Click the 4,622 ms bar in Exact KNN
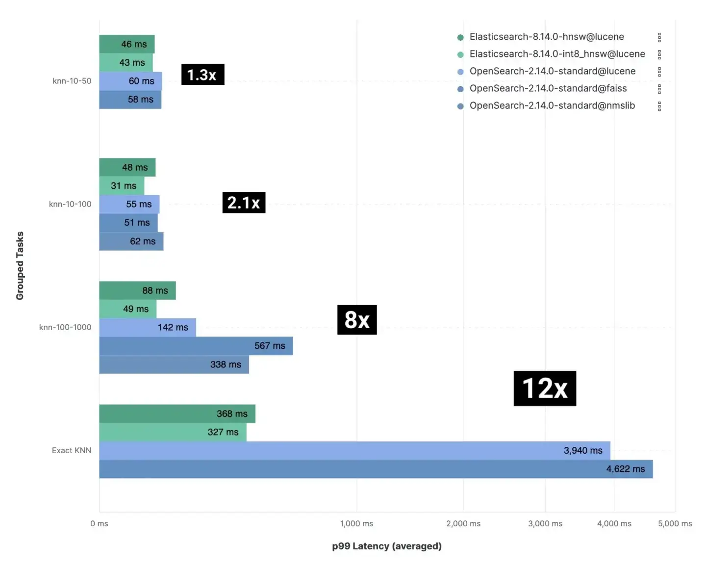376,469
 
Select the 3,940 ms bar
354,450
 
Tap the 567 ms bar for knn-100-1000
196,346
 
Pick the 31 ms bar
122,186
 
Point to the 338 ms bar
174,364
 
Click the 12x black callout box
545,388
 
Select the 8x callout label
357,320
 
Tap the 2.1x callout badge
244,203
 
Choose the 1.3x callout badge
203,75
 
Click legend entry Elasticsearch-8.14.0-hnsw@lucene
547,37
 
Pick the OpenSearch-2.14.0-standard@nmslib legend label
552,106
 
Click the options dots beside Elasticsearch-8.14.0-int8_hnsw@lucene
659,54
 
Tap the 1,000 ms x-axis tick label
356,524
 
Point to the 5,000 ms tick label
675,524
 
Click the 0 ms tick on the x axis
99,524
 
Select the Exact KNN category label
72,450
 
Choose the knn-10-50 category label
72,81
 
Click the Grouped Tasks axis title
20,266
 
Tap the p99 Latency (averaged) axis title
387,546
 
